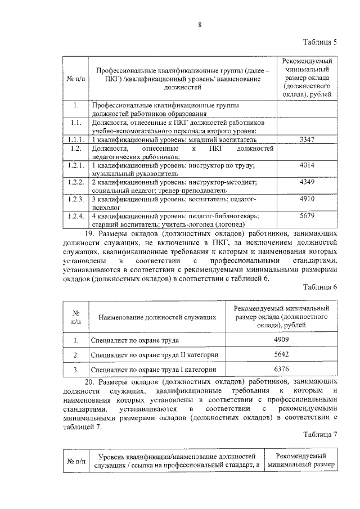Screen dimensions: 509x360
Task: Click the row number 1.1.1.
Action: coord(75,139)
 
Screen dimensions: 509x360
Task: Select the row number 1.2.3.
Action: coord(75,200)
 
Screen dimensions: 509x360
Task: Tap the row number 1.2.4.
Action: coord(75,216)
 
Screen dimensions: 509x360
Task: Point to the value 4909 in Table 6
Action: coord(281,340)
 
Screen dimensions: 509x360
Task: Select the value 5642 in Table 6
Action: coord(281,355)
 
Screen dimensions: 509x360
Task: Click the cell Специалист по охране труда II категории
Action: coord(155,355)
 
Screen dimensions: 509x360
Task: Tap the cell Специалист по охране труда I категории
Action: coord(154,370)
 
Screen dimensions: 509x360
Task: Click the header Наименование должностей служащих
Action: coord(157,318)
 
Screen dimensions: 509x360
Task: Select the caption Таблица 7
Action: coord(319,435)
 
